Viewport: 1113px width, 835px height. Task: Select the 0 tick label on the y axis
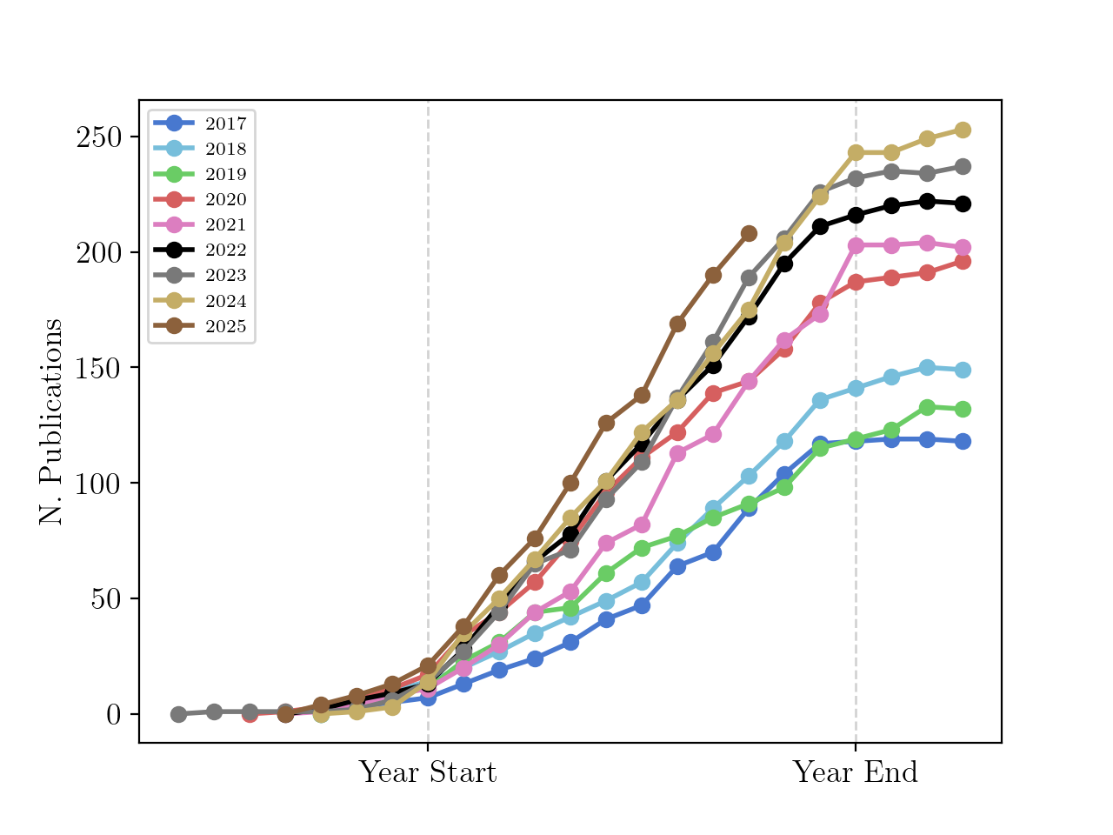click(x=114, y=714)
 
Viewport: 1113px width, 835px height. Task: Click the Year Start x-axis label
click(x=428, y=772)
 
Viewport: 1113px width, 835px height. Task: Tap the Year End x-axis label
click(x=856, y=772)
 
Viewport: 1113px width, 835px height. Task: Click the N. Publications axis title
click(x=50, y=422)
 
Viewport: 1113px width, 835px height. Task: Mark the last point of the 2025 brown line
click(x=749, y=234)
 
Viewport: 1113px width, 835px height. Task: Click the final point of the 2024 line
click(x=963, y=130)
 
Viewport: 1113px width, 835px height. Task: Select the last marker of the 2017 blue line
click(x=963, y=441)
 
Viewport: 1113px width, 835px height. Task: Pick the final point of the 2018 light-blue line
click(x=963, y=370)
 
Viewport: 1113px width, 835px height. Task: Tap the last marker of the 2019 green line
click(x=963, y=409)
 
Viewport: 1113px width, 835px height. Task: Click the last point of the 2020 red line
click(x=963, y=261)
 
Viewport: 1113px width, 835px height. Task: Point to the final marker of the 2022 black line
click(x=963, y=204)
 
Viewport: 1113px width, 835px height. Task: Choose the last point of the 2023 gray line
click(x=963, y=166)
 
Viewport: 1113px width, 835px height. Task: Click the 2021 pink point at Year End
click(x=856, y=245)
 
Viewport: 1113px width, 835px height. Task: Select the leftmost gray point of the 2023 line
click(x=178, y=714)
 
